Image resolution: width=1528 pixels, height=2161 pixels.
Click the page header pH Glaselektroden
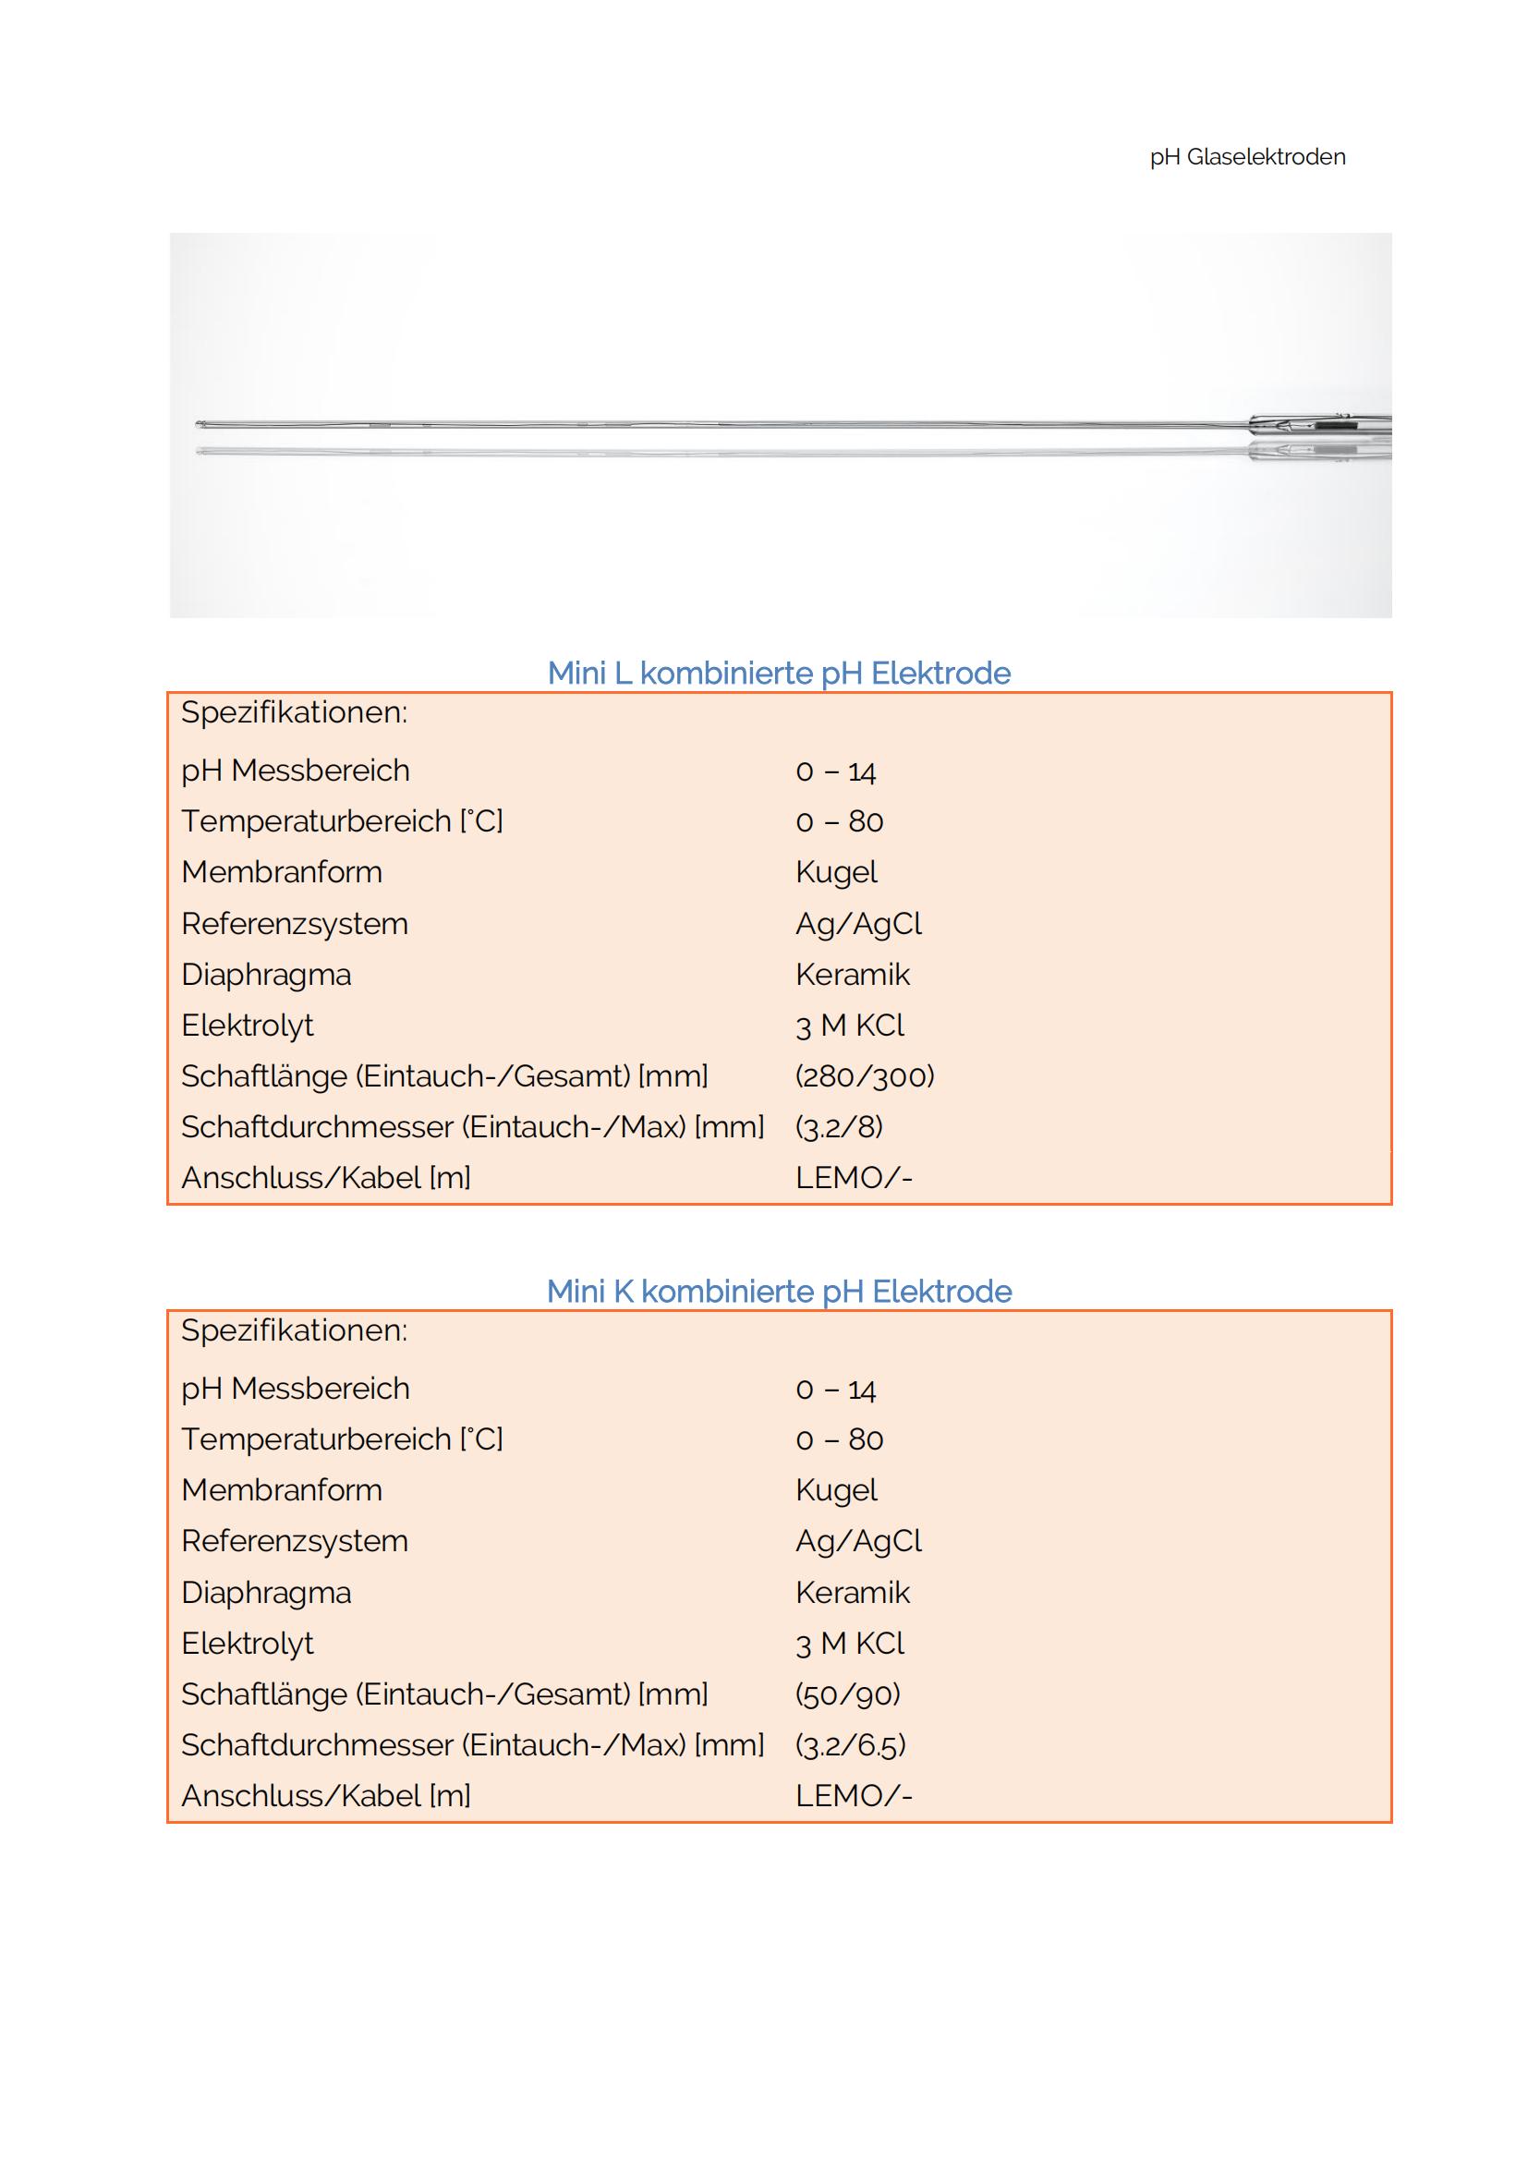pyautogui.click(x=1246, y=157)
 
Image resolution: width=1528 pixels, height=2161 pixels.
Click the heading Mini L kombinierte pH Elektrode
pyautogui.click(x=779, y=673)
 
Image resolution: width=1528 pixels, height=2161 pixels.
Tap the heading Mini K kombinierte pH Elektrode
pyautogui.click(x=779, y=1291)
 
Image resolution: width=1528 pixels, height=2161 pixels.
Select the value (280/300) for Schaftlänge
pyautogui.click(x=865, y=1075)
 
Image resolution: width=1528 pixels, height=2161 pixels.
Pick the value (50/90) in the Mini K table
pyautogui.click(x=848, y=1694)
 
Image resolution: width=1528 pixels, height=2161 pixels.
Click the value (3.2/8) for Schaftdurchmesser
pyautogui.click(x=839, y=1126)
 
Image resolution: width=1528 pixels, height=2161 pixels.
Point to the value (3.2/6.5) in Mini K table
pyautogui.click(x=851, y=1745)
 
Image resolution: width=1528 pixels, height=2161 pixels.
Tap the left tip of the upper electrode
pyautogui.click(x=200, y=424)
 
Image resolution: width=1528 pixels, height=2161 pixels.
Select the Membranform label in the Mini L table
pyautogui.click(x=282, y=871)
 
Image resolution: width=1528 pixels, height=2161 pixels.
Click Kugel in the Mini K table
pyautogui.click(x=835, y=1490)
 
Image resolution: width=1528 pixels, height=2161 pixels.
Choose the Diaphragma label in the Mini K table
pyautogui.click(x=266, y=1593)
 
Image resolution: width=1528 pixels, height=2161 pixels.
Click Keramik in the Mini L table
pyautogui.click(x=853, y=974)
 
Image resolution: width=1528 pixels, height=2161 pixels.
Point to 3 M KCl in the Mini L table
pyautogui.click(x=850, y=1025)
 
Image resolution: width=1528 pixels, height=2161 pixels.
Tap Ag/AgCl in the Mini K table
pyautogui.click(x=858, y=1541)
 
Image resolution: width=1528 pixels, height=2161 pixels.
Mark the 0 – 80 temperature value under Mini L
pyautogui.click(x=839, y=820)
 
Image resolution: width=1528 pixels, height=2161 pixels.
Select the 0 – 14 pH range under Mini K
pyautogui.click(x=835, y=1390)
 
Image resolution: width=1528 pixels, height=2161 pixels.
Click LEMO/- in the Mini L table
pyautogui.click(x=854, y=1177)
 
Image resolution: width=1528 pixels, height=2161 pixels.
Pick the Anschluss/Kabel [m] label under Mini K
pyautogui.click(x=325, y=1796)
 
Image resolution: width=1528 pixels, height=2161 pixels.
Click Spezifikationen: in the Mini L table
pyautogui.click(x=294, y=712)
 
